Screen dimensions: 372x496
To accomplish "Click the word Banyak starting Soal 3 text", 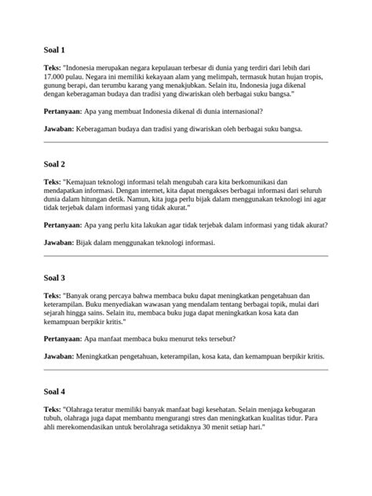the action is coord(82,295).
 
